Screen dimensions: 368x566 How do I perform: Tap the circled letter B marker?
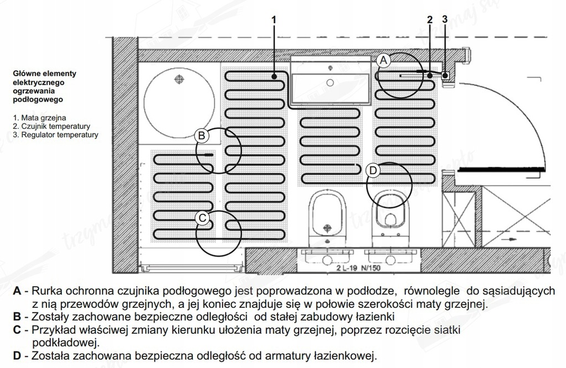coord(202,135)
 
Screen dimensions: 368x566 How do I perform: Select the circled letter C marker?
coord(202,218)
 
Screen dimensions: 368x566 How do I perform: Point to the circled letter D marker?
coord(373,171)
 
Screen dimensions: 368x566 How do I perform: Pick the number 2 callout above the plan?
coord(429,19)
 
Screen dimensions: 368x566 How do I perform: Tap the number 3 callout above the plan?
coord(445,19)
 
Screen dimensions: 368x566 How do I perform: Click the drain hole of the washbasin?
coord(330,82)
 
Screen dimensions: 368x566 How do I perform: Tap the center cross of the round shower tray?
coord(178,80)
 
